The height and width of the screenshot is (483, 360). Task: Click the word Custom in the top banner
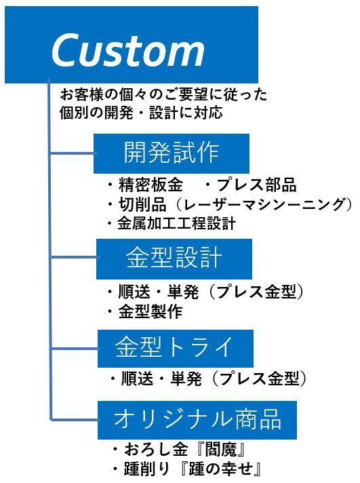point(128,50)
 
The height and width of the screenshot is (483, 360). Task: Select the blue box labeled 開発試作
point(172,153)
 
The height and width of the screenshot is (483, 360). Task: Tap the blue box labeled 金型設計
point(174,258)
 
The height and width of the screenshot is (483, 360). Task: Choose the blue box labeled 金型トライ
point(175,349)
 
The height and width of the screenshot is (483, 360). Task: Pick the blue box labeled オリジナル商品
point(197,420)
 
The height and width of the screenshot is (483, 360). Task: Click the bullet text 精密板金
point(151,185)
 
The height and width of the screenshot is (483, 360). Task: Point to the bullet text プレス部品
point(256,185)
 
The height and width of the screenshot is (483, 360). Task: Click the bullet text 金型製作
point(151,311)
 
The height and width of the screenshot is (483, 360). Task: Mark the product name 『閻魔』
point(221,449)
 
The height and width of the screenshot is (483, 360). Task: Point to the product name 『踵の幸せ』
point(220,469)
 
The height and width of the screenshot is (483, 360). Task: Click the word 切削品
point(142,205)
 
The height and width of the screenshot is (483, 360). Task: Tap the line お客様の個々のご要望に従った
point(163,94)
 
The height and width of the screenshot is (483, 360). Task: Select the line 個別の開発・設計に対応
point(141,113)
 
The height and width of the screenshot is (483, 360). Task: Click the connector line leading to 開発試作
point(73,153)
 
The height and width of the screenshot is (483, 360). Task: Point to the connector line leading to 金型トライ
point(74,349)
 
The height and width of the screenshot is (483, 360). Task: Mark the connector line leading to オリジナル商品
point(74,419)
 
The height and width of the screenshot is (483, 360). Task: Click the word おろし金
point(156,449)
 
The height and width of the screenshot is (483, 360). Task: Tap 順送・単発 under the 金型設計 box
point(158,292)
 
